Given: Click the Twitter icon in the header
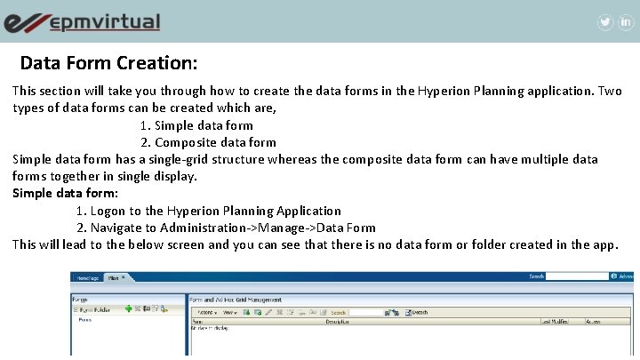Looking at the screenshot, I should point(605,22).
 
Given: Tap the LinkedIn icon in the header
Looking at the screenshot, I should point(626,22).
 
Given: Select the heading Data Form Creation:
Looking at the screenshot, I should point(108,64).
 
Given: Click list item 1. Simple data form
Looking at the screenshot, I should point(196,125).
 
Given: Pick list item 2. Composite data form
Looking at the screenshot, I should point(208,142).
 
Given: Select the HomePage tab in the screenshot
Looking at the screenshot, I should point(89,277).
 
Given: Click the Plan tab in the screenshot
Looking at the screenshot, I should point(116,277).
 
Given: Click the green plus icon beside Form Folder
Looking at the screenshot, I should point(128,308).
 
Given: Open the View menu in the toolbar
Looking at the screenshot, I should point(229,313).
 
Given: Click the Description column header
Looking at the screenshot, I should point(337,321).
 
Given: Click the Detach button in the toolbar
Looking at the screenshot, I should point(416,313).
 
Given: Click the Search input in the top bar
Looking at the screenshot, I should point(577,276).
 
